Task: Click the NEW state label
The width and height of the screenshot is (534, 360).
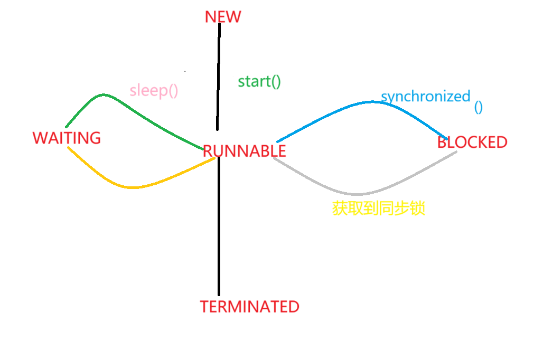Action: pos(222,16)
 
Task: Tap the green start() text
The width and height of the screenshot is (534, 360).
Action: pos(259,82)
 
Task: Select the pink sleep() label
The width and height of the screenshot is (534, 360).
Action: pos(154,90)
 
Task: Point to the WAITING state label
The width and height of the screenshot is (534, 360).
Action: pos(67,138)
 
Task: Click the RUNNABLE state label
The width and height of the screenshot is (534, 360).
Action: pos(245,151)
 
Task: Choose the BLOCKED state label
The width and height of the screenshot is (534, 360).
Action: pos(472,142)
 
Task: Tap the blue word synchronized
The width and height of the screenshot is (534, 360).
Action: pos(425,97)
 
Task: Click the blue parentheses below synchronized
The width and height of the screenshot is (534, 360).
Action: pos(478,107)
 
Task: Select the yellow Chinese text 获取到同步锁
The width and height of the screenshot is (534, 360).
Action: pos(379,209)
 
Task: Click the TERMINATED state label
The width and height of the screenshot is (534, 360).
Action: pos(249,306)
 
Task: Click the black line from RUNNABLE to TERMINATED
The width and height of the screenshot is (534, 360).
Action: pos(218,227)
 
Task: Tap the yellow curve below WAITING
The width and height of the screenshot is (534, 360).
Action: pos(132,187)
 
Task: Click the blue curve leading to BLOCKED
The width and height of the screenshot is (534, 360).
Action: pos(370,102)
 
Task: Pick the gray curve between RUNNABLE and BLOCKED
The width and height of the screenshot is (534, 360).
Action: pos(359,193)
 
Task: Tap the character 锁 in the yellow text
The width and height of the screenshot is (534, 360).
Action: pos(418,209)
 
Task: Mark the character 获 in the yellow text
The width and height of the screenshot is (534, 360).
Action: pos(340,209)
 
